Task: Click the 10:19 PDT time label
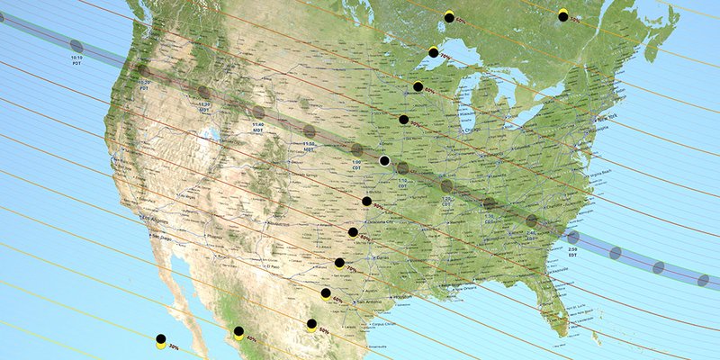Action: click(76, 59)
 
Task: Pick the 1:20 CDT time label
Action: click(446, 202)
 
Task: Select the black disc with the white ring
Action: click(384, 161)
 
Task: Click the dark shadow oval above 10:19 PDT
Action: click(76, 45)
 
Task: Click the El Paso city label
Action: click(273, 267)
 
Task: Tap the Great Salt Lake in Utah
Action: click(213, 138)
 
